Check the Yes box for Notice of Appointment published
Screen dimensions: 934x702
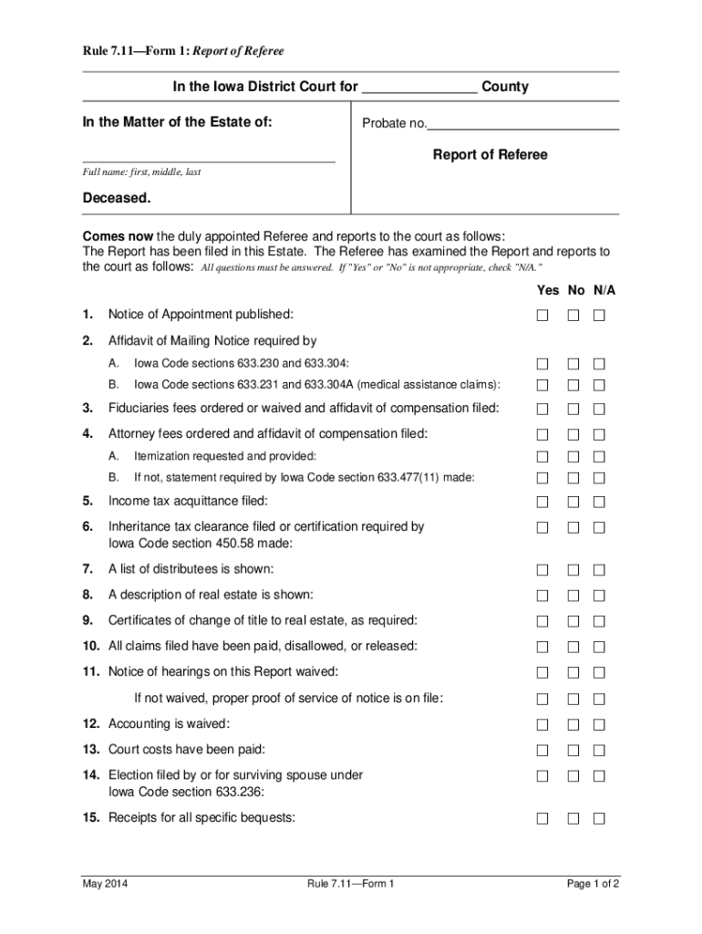pos(542,316)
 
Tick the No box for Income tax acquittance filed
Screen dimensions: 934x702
pos(573,502)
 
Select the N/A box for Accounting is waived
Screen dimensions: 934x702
pos(600,724)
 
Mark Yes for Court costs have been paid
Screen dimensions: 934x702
pos(542,750)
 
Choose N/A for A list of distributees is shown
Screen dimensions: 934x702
pos(600,570)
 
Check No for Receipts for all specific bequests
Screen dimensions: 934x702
pos(573,818)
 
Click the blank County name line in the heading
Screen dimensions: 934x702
pos(419,88)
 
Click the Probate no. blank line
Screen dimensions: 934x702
pos(523,125)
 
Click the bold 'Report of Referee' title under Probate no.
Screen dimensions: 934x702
pos(490,155)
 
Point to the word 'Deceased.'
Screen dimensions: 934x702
pos(117,198)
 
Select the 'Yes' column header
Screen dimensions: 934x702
pos(548,290)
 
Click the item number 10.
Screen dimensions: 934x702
pos(90,646)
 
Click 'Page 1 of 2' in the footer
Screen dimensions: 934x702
pos(593,884)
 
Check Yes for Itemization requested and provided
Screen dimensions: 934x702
pos(542,456)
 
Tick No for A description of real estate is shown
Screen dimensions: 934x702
pos(573,596)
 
